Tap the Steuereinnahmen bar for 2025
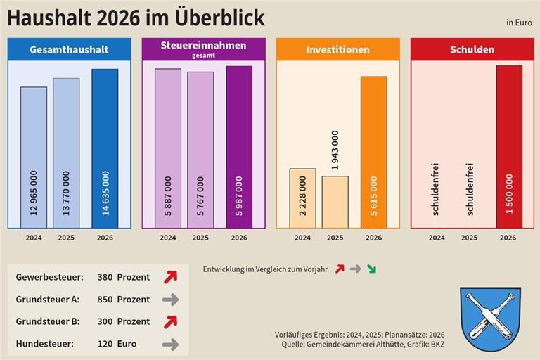coord(200,149)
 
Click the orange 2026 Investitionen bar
coord(373,151)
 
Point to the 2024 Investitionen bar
coord(302,198)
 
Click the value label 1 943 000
coord(335,151)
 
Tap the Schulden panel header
coord(472,50)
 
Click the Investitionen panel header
coord(337,50)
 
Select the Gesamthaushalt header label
coord(69,50)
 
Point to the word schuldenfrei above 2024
coord(437,189)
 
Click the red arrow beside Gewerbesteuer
coord(170,277)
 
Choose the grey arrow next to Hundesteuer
coord(170,345)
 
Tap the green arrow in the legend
coord(371,269)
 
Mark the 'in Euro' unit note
coord(519,22)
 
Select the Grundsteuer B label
coord(47,321)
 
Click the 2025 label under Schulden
coord(469,238)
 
